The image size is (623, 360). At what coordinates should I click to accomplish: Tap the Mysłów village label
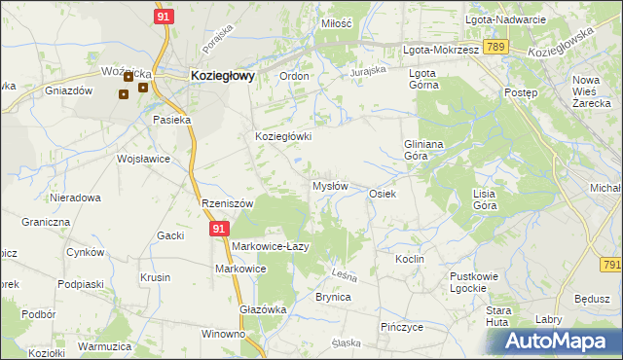click(x=329, y=186)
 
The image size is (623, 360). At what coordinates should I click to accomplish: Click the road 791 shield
click(x=611, y=264)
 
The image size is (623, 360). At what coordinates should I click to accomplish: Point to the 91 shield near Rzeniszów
click(x=219, y=229)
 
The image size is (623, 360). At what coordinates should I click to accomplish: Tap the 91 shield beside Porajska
click(x=164, y=17)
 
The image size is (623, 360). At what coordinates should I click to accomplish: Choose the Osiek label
click(x=382, y=194)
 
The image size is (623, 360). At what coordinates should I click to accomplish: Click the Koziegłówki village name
click(x=282, y=137)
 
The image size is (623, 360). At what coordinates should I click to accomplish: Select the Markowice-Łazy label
click(x=270, y=246)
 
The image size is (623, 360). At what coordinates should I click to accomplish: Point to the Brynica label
click(x=332, y=297)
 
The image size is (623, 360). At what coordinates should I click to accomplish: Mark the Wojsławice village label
click(x=143, y=159)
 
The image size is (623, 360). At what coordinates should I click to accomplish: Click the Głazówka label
click(x=262, y=309)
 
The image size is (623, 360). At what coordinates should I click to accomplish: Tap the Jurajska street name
click(x=369, y=71)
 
